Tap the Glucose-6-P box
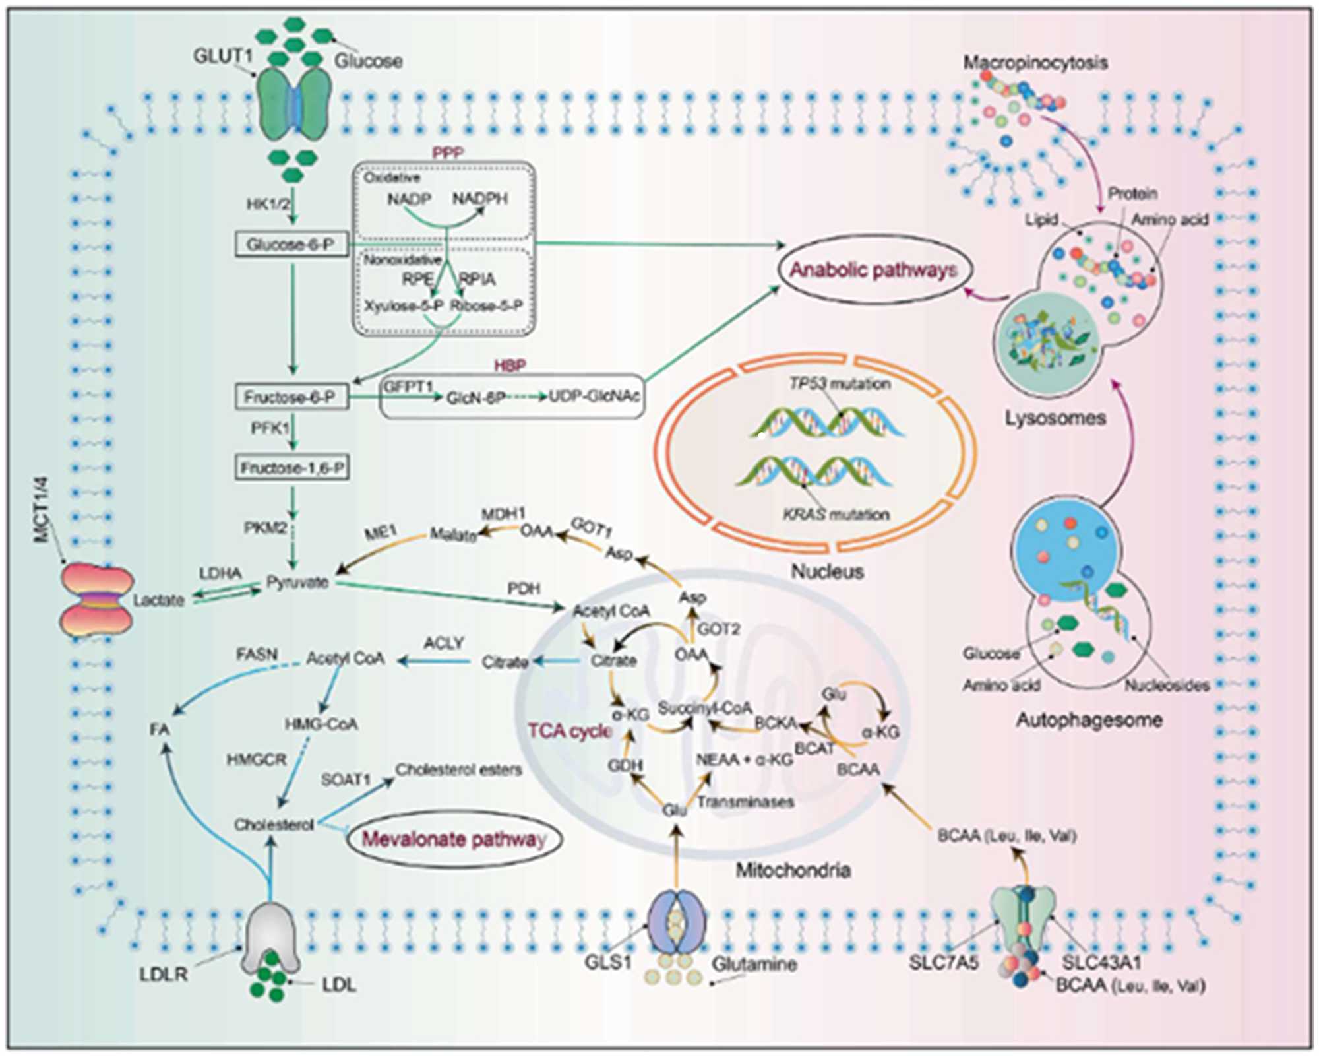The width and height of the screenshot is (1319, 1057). (291, 245)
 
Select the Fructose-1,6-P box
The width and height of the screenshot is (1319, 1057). (291, 468)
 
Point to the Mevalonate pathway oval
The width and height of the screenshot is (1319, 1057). (454, 840)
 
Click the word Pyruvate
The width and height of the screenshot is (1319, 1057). (297, 582)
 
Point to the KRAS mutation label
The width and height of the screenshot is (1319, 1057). (836, 514)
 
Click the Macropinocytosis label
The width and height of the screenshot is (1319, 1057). (1035, 63)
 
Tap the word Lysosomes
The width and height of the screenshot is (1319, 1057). (1055, 418)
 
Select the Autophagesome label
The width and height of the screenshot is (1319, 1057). (1089, 720)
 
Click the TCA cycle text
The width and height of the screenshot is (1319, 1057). (570, 731)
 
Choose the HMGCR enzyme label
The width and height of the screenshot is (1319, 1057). (257, 760)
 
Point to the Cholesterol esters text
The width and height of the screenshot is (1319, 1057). (458, 769)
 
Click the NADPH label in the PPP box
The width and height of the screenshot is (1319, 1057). (479, 199)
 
